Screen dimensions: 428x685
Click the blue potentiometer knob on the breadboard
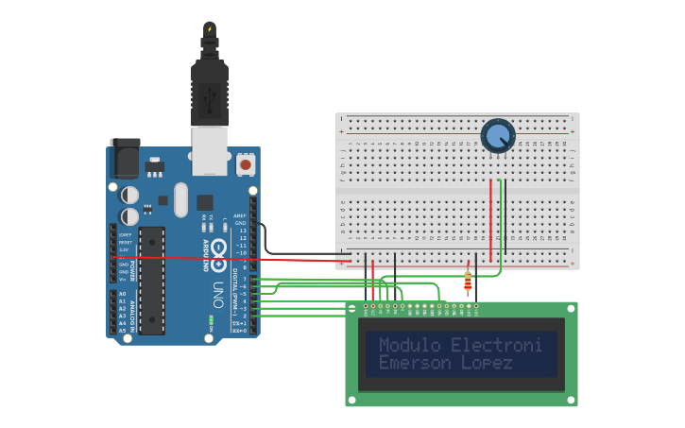click(497, 136)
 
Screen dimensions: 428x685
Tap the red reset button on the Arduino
click(246, 164)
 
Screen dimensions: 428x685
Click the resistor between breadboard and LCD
click(468, 280)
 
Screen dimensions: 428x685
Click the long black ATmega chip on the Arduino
click(151, 281)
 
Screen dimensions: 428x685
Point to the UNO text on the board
click(216, 292)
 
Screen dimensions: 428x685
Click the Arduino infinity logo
click(218, 253)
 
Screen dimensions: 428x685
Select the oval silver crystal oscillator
click(180, 199)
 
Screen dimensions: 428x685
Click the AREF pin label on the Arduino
click(241, 214)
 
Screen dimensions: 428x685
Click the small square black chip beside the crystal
click(205, 201)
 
